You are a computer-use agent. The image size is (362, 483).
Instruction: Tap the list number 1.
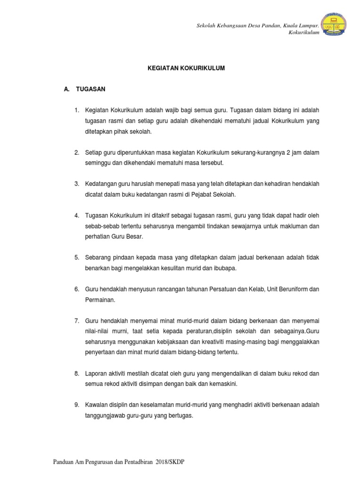76,110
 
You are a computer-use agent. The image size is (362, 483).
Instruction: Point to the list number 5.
76,258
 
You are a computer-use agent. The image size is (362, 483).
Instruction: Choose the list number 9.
76,405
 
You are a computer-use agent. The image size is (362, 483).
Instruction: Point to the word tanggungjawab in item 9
104,416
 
